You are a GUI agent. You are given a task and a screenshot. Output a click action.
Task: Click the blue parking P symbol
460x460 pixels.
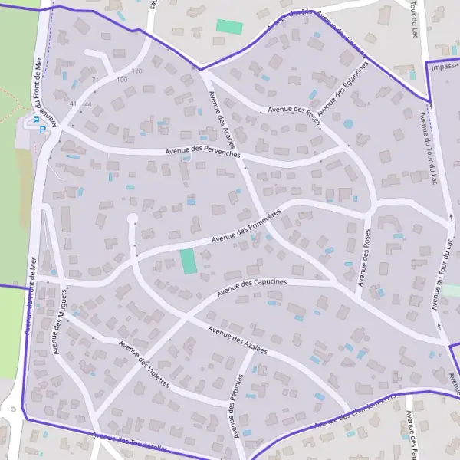pos(41,129)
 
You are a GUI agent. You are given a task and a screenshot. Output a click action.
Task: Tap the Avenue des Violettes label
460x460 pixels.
pos(143,363)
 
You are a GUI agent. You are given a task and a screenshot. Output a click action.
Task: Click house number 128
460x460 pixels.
pos(136,71)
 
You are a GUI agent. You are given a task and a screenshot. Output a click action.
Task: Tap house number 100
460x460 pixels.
pos(121,80)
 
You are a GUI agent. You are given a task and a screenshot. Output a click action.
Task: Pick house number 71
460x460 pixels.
pos(95,79)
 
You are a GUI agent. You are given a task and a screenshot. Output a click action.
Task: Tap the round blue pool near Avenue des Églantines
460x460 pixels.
pos(349,123)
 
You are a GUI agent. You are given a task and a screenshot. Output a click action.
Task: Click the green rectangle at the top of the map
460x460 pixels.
pos(229,27)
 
